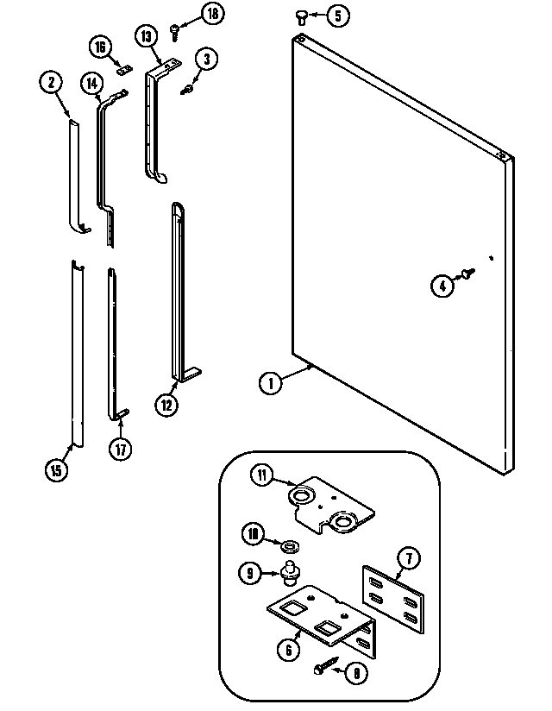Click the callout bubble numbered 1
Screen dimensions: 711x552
(270, 382)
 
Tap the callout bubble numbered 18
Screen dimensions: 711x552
(212, 13)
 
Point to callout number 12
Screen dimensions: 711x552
(167, 402)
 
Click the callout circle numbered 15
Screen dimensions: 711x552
(55, 470)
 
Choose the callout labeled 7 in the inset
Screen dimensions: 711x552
(410, 559)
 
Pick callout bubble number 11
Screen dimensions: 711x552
(262, 473)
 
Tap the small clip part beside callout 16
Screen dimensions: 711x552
(123, 72)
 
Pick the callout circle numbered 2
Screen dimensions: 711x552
(51, 83)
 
